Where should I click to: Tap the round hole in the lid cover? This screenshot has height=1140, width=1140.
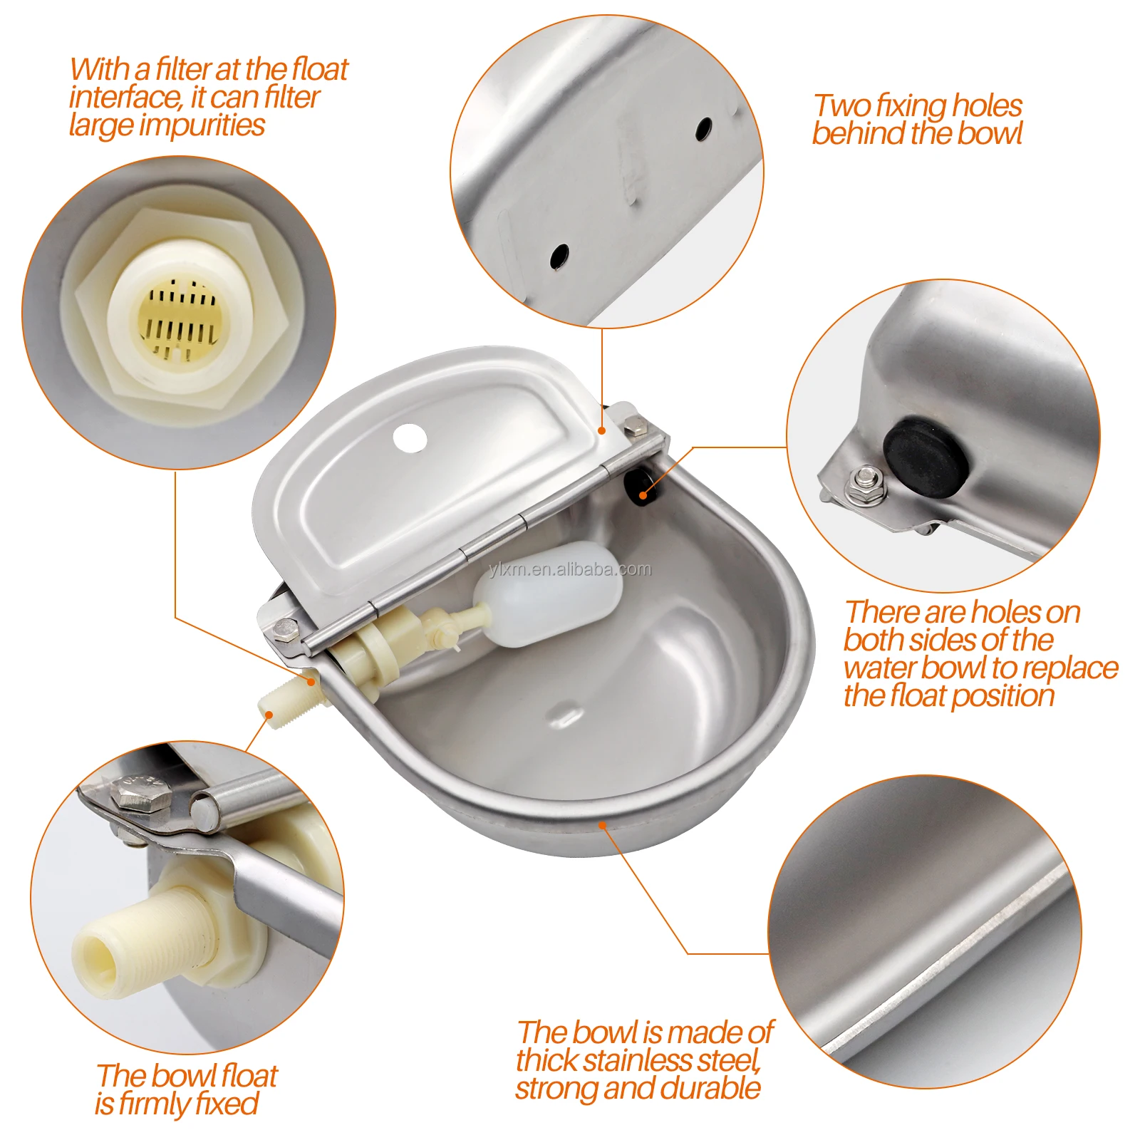410,437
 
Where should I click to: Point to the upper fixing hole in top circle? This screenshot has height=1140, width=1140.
703,129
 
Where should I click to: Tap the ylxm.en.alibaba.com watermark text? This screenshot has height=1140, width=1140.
571,569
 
